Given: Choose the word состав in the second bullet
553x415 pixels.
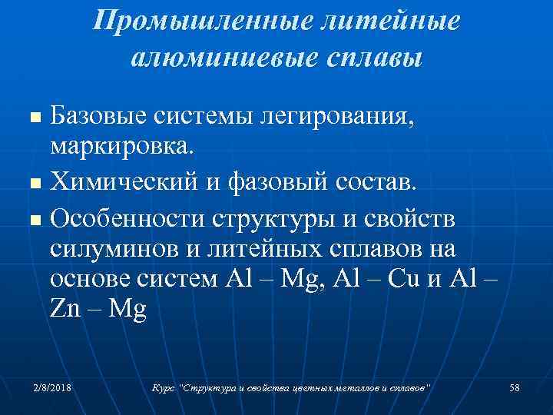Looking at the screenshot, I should coord(373,183).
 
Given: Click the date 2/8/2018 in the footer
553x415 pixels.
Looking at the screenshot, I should coord(52,388).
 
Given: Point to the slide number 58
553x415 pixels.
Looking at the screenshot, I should coord(515,388).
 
